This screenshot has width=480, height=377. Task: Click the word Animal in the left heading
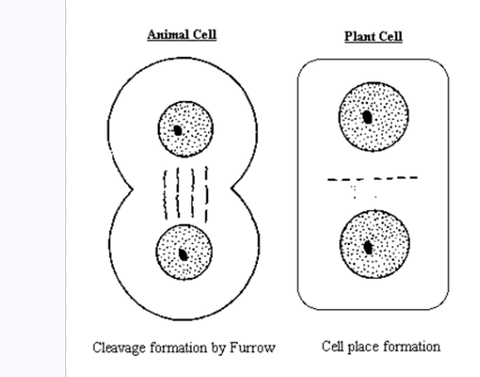pyautogui.click(x=167, y=34)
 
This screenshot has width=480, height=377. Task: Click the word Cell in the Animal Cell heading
pyautogui.click(x=204, y=34)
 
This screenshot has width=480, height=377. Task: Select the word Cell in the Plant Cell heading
pyautogui.click(x=389, y=37)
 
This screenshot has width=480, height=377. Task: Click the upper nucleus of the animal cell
pyautogui.click(x=185, y=129)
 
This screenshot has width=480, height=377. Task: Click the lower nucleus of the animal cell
pyautogui.click(x=184, y=252)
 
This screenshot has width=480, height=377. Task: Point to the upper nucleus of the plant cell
pyautogui.click(x=374, y=116)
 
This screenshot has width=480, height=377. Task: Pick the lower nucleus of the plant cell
pyautogui.click(x=374, y=244)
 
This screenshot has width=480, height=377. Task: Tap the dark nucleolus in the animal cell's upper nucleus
pyautogui.click(x=177, y=130)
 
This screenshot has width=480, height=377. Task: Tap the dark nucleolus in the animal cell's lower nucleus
pyautogui.click(x=183, y=254)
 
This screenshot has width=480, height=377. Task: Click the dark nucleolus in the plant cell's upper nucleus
pyautogui.click(x=367, y=117)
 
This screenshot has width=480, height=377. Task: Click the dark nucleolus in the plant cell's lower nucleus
pyautogui.click(x=368, y=248)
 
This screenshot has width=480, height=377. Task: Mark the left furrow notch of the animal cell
pyautogui.click(x=132, y=190)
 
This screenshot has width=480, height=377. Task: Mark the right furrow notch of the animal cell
pyautogui.click(x=231, y=187)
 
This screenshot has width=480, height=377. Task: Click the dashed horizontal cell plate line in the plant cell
pyautogui.click(x=373, y=178)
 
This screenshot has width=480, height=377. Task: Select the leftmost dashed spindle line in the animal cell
pyautogui.click(x=165, y=195)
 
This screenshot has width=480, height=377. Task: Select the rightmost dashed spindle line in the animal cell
pyautogui.click(x=207, y=194)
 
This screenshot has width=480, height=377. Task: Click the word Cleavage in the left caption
pyautogui.click(x=119, y=348)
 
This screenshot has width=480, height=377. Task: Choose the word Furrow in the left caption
pyautogui.click(x=252, y=348)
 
